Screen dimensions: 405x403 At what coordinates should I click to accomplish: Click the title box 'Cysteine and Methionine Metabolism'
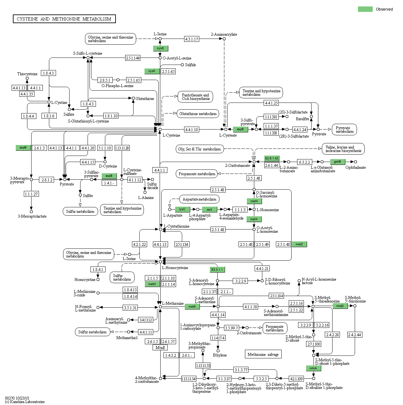click(x=64, y=19)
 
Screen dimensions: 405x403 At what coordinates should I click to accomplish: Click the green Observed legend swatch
click(x=365, y=9)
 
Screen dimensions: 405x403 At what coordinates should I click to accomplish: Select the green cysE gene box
click(x=160, y=48)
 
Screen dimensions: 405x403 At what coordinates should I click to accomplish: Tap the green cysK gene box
click(x=152, y=71)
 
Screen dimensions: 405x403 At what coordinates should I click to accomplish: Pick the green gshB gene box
click(x=337, y=162)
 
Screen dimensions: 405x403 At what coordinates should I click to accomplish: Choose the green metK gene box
click(x=192, y=307)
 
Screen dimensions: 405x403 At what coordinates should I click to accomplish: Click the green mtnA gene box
click(x=313, y=368)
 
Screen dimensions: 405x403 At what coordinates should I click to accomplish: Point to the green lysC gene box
click(x=182, y=209)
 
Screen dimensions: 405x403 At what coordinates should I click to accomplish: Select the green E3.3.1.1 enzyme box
click(x=217, y=269)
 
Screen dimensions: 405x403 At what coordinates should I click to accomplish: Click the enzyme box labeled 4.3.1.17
click(x=192, y=39)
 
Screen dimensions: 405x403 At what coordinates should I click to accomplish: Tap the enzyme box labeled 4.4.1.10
click(x=192, y=130)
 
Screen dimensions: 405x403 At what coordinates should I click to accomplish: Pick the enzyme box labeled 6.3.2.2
click(x=304, y=162)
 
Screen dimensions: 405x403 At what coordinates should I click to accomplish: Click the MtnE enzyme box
click(x=160, y=347)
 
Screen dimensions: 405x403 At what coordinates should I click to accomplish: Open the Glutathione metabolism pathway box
click(x=198, y=114)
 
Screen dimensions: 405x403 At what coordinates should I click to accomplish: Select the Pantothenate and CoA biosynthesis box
click(x=195, y=97)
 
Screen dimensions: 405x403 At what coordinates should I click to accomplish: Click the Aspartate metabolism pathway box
click(x=199, y=199)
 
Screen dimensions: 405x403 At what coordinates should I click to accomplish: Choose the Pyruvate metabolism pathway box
click(x=344, y=130)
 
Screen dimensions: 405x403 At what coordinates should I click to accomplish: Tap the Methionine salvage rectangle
click(x=263, y=354)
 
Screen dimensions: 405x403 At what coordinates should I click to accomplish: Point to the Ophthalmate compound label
click(x=355, y=167)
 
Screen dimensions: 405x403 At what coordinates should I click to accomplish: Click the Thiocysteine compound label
click(x=27, y=74)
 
